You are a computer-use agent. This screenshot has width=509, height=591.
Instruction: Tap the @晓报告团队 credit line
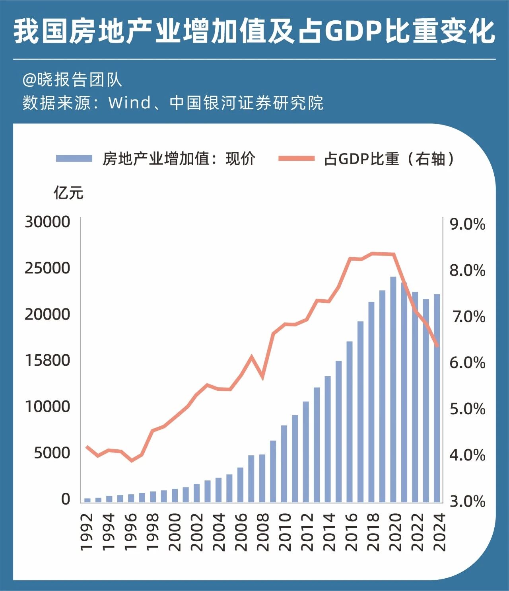72,80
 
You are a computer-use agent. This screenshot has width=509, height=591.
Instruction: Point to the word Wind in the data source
130,103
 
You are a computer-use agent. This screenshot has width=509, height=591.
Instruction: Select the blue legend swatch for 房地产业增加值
74,158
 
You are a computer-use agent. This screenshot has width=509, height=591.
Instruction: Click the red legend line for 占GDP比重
296,158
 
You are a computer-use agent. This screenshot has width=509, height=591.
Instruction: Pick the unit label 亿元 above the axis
68,193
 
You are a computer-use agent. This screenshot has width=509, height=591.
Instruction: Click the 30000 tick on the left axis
47,222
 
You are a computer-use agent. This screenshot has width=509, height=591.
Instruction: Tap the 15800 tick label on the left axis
47,360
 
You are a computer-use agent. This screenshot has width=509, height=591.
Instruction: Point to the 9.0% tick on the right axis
467,224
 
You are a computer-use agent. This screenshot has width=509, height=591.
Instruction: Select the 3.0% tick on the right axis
467,501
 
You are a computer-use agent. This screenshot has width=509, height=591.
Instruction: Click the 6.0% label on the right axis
467,363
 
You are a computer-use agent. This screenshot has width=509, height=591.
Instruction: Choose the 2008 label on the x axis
263,532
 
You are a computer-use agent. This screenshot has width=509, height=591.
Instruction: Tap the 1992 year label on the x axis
87,532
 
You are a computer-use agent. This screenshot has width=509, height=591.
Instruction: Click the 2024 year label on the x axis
439,532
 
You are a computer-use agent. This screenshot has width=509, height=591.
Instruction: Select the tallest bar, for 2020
393,390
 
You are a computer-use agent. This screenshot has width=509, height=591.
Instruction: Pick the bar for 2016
350,422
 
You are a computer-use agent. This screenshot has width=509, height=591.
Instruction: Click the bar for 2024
437,398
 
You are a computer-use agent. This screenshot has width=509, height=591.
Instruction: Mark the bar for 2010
284,464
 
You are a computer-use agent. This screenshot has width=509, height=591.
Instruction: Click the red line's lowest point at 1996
132,460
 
